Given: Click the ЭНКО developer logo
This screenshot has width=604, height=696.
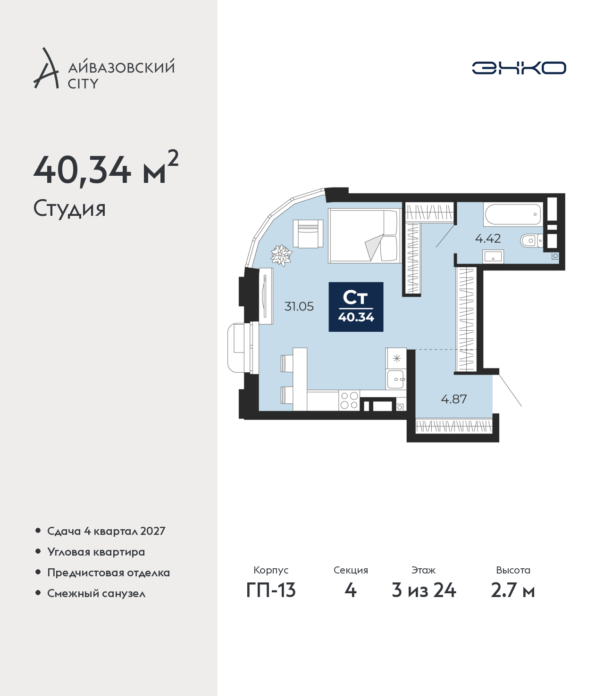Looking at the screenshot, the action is point(519,68).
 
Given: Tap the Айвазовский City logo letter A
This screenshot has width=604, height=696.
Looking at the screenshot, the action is point(46,68).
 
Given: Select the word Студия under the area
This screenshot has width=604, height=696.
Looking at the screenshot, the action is point(69,209).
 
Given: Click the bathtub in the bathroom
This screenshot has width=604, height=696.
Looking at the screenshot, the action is point(512,214).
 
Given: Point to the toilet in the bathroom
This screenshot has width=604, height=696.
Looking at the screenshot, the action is point(532,240).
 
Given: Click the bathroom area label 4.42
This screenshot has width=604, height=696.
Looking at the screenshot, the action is point(487,239).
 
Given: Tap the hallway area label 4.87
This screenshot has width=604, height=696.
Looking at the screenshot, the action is point(454,399).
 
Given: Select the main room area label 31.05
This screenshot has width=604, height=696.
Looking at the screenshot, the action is point(299,306).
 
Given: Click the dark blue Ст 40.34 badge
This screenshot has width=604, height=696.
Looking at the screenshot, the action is point(356,307).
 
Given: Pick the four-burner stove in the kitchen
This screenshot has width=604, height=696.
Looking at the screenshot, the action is point(349,401).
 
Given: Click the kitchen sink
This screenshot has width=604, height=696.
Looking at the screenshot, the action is point(396,379).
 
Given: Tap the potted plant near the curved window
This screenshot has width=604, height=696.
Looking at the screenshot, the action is point(281,255).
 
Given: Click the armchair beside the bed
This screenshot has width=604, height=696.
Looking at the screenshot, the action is point(308,234).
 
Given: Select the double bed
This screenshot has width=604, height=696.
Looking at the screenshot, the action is point(365,236).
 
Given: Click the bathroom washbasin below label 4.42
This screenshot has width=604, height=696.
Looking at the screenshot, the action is point(493,256).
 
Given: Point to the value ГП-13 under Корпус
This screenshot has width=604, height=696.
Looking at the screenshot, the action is point(271,600).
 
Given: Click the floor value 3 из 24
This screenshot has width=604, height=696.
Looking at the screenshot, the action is point(424,600).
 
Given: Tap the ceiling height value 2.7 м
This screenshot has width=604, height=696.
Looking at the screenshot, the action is point(512,600).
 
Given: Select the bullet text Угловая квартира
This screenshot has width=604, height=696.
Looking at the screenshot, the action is point(96,552).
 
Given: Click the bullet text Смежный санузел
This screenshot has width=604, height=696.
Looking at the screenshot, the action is point(96,593).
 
